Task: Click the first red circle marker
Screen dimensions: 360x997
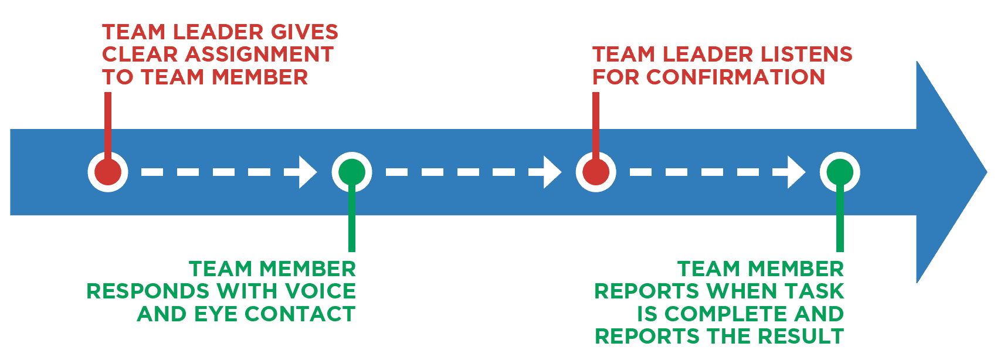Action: click(108, 172)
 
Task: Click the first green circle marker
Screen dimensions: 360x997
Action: click(352, 172)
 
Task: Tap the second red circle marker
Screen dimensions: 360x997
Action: click(596, 172)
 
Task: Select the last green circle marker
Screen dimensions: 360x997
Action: click(840, 172)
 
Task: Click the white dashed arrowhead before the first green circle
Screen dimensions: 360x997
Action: click(307, 172)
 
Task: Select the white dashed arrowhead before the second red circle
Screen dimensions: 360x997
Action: click(552, 172)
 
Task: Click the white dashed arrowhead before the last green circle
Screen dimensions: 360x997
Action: click(796, 172)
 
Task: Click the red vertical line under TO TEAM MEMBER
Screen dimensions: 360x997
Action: click(108, 123)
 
